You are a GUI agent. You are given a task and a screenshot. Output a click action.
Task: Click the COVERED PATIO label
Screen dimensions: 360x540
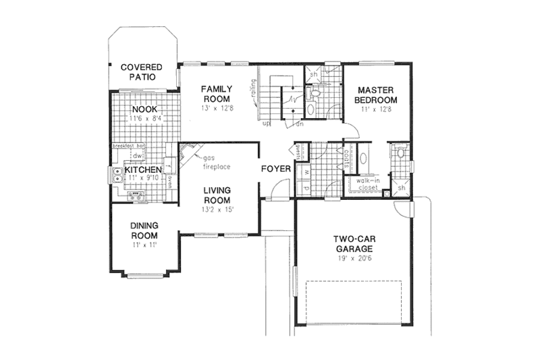coord(142,72)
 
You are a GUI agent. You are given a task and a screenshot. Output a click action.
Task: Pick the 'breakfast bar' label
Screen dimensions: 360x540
coord(130,146)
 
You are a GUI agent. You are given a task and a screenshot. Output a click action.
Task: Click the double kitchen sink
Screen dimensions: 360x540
coord(116,176)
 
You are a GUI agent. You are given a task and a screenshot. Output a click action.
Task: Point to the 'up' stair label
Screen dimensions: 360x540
coord(266,124)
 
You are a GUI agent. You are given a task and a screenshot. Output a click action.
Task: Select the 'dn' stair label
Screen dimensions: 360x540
coord(298,124)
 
